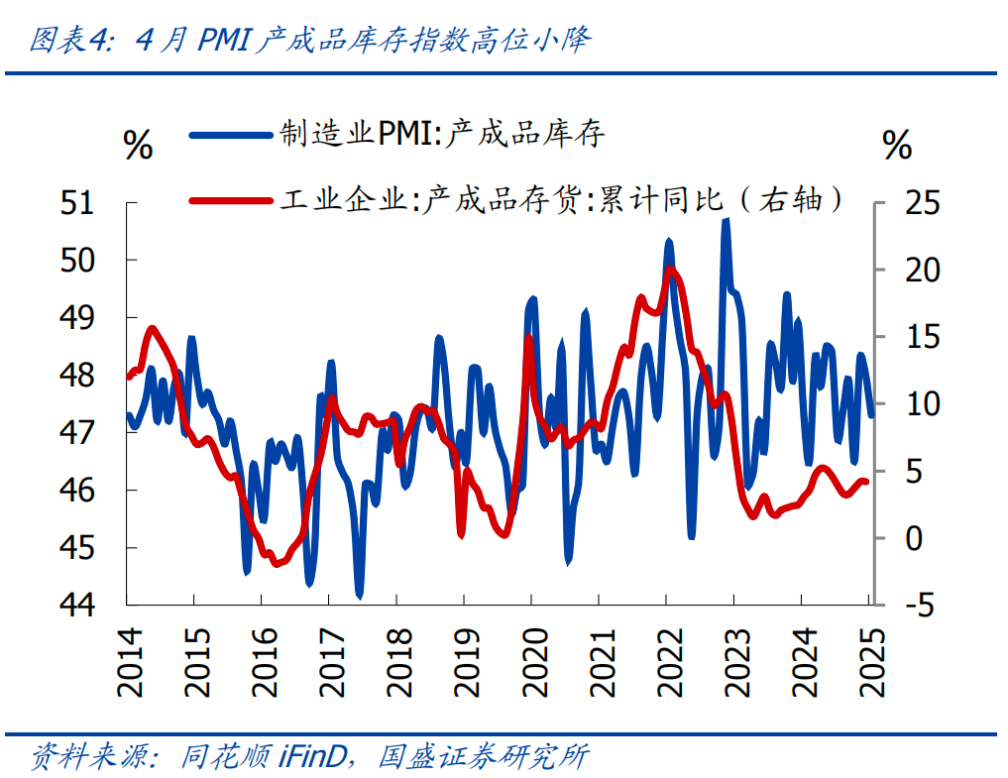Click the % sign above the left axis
(x=138, y=146)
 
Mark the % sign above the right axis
(x=897, y=146)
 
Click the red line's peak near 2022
(x=671, y=269)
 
